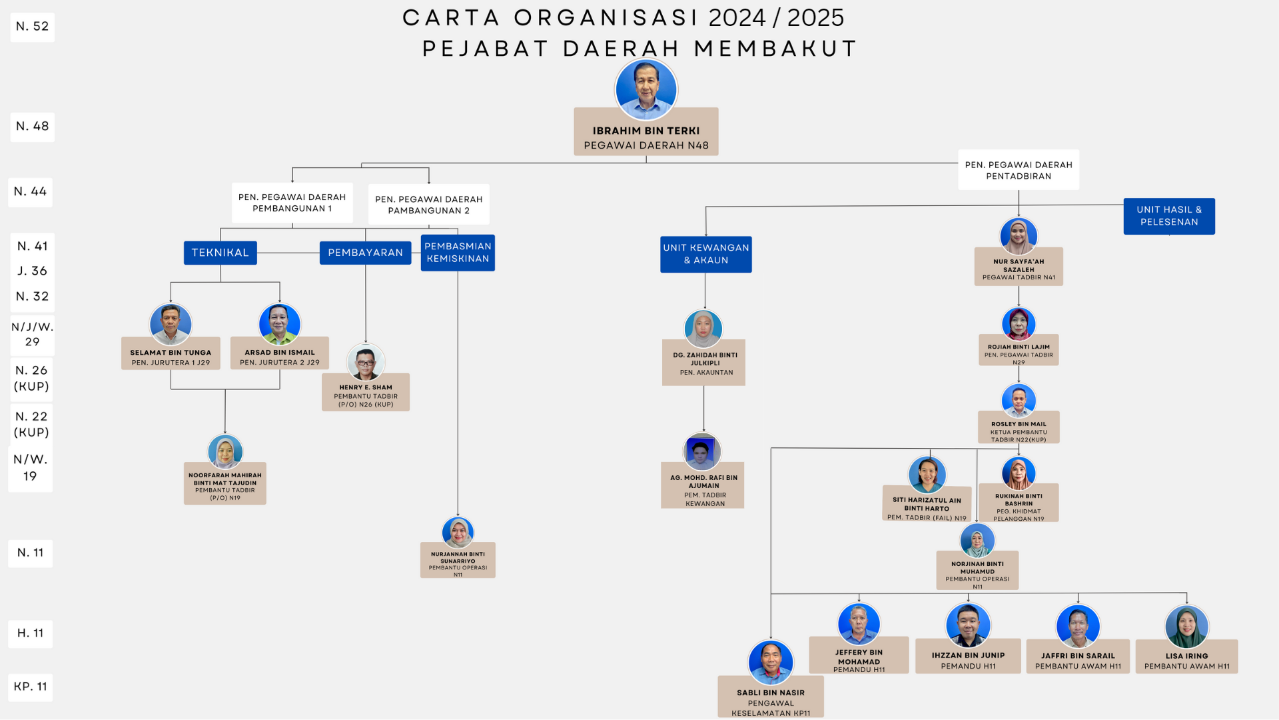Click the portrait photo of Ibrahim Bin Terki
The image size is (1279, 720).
645,89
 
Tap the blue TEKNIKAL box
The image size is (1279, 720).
220,253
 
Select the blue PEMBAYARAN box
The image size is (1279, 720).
365,253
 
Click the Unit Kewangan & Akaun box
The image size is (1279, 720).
705,254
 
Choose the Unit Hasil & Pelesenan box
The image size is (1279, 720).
1168,216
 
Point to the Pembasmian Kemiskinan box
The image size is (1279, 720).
458,253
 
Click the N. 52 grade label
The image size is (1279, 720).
32,27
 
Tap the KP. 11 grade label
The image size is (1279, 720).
31,687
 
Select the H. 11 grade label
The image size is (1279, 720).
31,633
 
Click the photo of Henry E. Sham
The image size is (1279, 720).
366,362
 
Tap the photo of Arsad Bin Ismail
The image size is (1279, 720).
280,323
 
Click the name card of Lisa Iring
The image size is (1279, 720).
1186,659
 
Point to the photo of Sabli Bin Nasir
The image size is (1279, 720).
771,662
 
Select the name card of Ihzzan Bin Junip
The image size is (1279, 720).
968,659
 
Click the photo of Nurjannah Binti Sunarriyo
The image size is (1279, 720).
458,533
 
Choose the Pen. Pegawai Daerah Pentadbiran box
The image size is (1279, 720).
1019,170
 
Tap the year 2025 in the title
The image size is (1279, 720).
815,18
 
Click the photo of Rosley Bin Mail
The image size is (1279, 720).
1019,401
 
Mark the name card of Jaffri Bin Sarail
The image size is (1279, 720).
1078,659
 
